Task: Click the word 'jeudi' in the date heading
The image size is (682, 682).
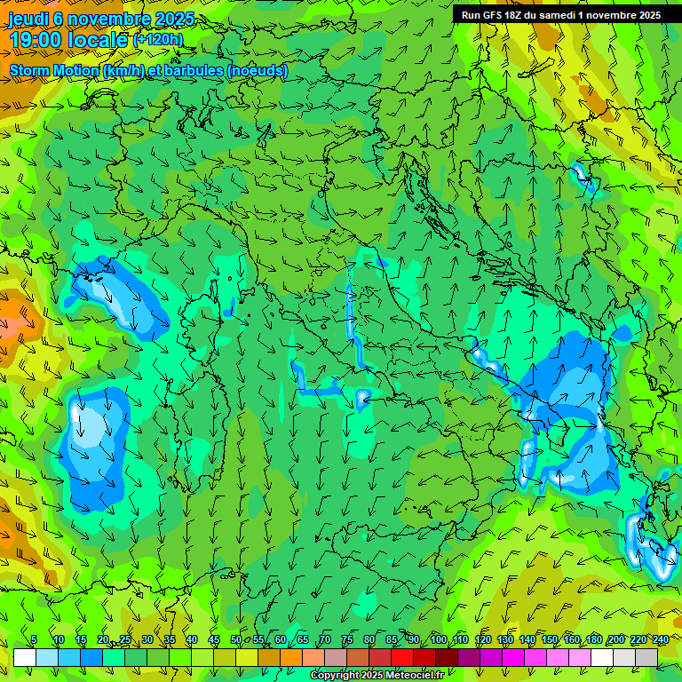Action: coord(28,20)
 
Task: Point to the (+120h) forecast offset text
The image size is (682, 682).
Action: coord(159,40)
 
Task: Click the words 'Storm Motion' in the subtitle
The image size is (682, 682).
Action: coord(53,71)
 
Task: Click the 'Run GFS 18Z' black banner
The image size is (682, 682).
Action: coord(561,15)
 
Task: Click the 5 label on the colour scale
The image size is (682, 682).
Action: coord(34,639)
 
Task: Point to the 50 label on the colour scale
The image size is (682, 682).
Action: coord(236,639)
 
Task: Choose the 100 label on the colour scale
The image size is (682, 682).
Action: coord(439,639)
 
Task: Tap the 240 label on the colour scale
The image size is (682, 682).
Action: coord(660,639)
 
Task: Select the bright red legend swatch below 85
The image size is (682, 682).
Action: coord(402,657)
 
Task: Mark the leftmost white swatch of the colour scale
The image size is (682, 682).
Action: coord(25,657)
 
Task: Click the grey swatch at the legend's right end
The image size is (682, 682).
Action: coord(646,657)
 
